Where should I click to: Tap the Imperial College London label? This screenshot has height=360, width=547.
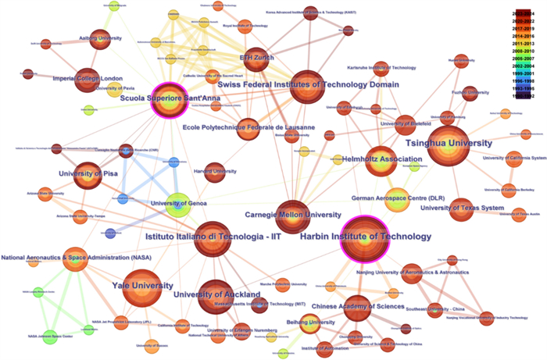(88, 78)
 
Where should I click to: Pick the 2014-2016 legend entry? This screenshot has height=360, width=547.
(523, 35)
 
